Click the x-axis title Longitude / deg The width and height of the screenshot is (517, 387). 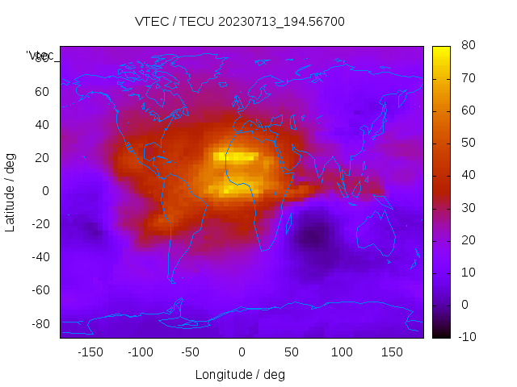click(x=240, y=374)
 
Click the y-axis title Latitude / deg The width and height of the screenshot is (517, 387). click(x=11, y=190)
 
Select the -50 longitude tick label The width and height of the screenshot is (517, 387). click(x=191, y=352)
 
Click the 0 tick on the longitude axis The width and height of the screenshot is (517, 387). click(x=241, y=352)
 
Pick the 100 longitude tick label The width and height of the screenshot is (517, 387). click(x=342, y=352)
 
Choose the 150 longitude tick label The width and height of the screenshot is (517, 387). click(x=392, y=352)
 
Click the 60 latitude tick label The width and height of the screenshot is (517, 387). click(x=42, y=91)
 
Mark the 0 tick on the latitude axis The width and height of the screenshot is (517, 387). click(x=46, y=190)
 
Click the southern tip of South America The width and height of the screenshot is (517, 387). click(x=172, y=281)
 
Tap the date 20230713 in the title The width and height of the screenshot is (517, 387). click(x=242, y=22)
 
